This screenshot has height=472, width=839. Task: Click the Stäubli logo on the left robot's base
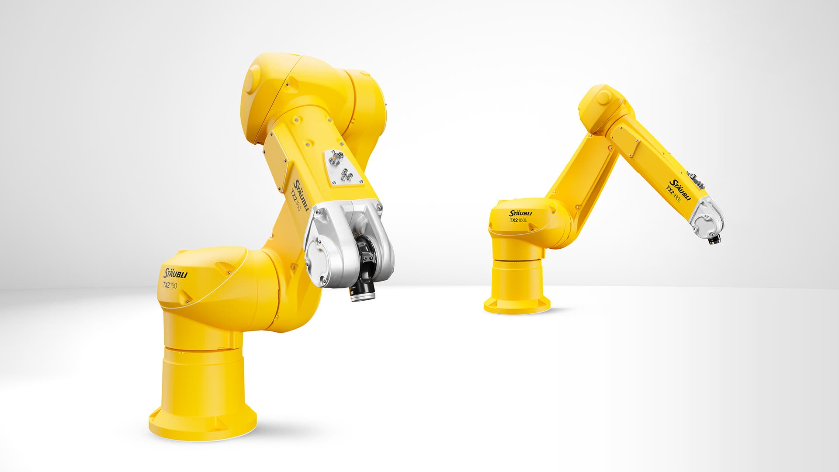coord(175,273)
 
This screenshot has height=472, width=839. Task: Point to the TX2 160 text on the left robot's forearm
coord(295,200)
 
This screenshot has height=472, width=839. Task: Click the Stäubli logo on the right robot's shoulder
coord(520,213)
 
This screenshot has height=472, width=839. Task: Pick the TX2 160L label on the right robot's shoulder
coord(518,220)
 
